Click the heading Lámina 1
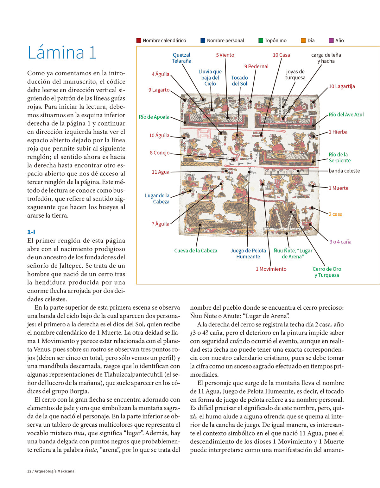coord(62,52)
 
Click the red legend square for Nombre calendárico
coord(138,40)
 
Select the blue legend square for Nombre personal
coord(203,40)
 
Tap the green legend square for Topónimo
coord(261,40)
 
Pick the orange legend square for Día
coord(303,40)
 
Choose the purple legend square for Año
coord(331,40)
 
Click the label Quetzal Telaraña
coord(181,58)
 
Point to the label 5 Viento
coord(225,55)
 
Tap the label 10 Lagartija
coord(342,86)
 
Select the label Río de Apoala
coord(154,117)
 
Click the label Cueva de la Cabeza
coord(196,250)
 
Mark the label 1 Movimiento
coord(271,269)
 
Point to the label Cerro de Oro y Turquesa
coord(327,272)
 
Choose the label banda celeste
coord(344,171)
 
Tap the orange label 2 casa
coord(336,214)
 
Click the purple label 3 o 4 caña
coord(340,242)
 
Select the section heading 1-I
coord(31,232)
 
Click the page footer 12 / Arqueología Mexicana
coord(51,471)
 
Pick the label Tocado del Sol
coord(239,81)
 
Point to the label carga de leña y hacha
coord(326,58)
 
